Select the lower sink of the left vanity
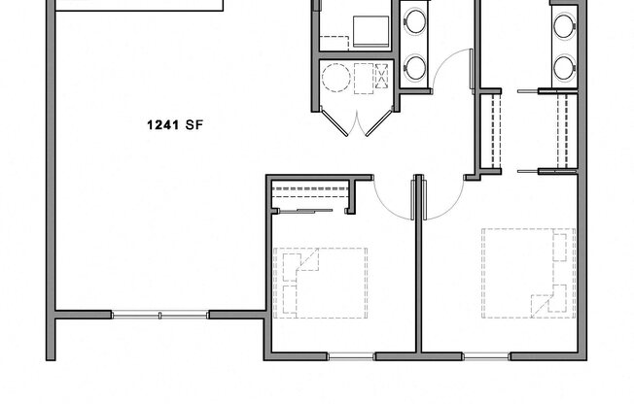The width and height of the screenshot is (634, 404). coord(416,66)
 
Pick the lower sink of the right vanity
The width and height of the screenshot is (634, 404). coord(564,66)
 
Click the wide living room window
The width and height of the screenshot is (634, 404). coord(160,315)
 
